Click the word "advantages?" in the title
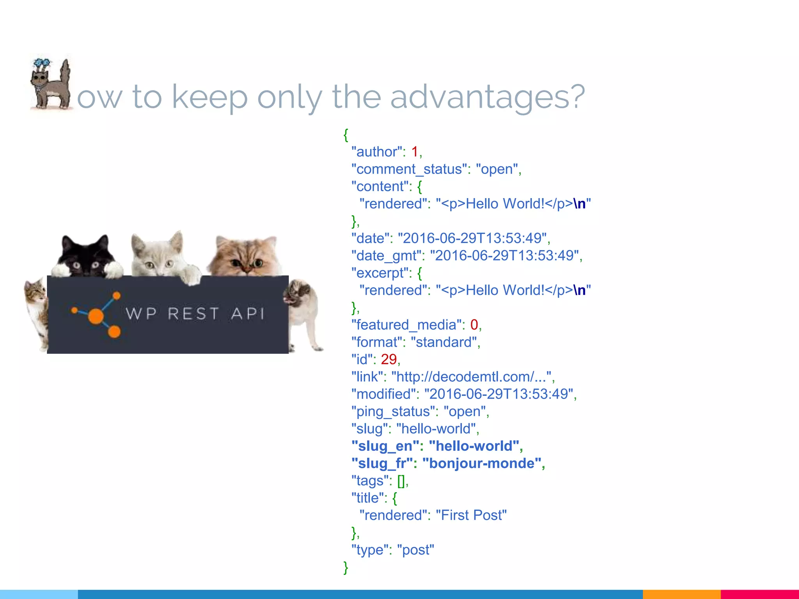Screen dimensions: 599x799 tap(487, 97)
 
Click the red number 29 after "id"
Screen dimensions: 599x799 tap(389, 360)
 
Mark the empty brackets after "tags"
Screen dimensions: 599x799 tap(401, 481)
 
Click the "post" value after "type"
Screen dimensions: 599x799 tap(415, 550)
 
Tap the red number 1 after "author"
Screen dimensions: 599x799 tap(415, 152)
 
